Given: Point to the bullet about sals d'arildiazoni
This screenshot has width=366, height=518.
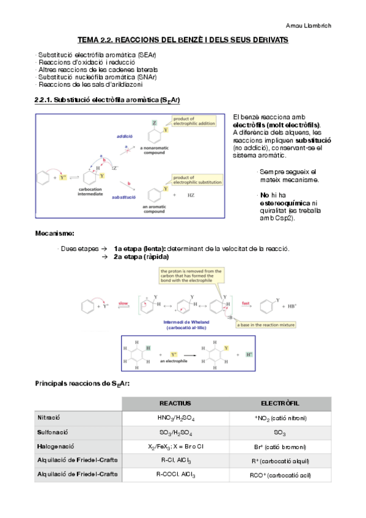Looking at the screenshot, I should (x=90, y=84).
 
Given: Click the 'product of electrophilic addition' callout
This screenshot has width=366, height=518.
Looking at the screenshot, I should (x=194, y=120).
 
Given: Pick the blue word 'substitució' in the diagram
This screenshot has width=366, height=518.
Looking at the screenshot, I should (x=124, y=197).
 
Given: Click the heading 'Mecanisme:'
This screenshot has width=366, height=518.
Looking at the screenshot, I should (x=55, y=233).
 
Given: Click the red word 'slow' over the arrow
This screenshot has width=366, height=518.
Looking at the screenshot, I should (x=123, y=302).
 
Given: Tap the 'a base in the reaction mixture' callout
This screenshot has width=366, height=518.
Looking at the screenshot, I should (x=265, y=325).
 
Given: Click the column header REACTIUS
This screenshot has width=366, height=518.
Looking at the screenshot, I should (x=175, y=404).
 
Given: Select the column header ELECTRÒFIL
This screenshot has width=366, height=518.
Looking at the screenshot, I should (x=280, y=404).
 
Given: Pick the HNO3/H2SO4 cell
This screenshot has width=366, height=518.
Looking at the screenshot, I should (x=175, y=418).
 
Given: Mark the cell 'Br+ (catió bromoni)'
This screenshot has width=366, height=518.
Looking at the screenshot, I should (x=280, y=447).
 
